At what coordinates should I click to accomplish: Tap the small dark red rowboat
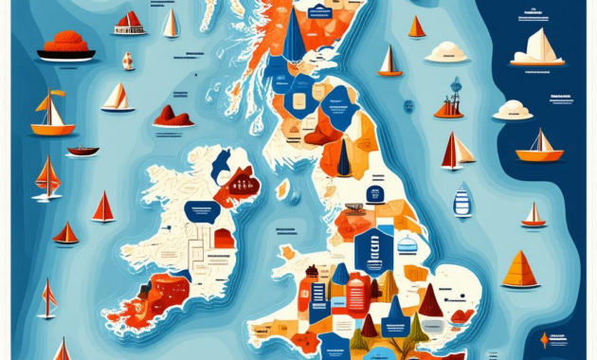tap(83, 151)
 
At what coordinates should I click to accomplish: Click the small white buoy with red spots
tap(128, 61)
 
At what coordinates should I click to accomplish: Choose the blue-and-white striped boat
tap(462, 201)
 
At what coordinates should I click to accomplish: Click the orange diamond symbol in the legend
tap(543, 339)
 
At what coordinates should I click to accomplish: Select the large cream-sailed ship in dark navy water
tap(538, 47)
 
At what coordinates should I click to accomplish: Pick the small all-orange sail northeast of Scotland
tap(417, 27)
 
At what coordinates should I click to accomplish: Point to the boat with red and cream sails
tap(458, 150)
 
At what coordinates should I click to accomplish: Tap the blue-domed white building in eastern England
tap(407, 243)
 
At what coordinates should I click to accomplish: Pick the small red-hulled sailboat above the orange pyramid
tap(534, 216)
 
